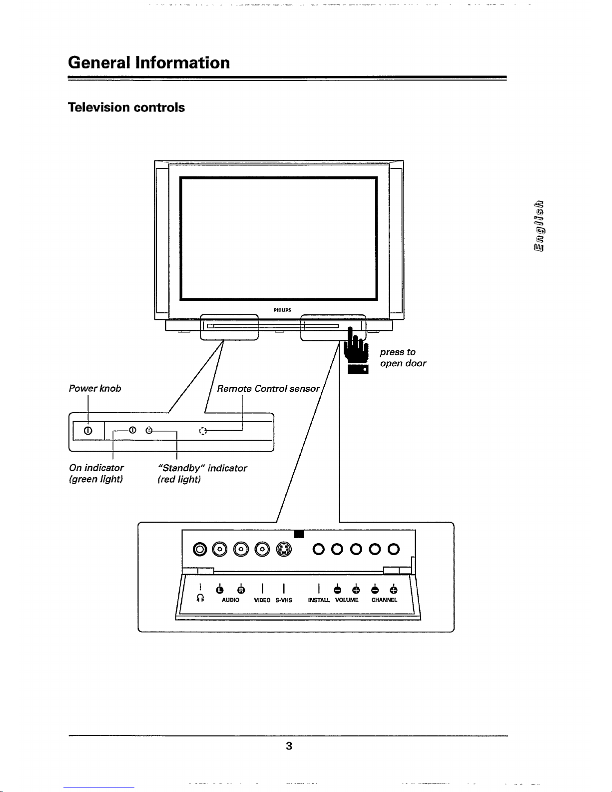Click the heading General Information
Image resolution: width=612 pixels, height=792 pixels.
coord(149,62)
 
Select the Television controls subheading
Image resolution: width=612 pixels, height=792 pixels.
coord(126,107)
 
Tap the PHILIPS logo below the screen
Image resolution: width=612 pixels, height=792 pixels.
coord(282,310)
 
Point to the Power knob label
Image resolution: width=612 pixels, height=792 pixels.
coord(95,388)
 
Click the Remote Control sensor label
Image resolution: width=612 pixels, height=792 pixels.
coord(268,389)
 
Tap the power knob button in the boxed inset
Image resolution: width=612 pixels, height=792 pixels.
coord(88,431)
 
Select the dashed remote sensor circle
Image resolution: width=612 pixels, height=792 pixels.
coord(203,431)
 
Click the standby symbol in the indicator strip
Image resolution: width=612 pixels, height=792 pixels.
coord(149,430)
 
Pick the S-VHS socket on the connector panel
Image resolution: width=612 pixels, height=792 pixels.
coord(284,549)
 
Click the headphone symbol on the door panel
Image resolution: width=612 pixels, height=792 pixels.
coord(200,598)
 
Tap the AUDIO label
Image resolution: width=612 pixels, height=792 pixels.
coord(230,600)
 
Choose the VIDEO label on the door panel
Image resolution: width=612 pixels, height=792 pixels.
coord(262,600)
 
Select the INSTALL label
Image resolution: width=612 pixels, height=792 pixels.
coord(319,600)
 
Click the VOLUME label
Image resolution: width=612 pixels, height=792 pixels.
coord(347,600)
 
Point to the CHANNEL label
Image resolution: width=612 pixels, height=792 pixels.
coord(384,600)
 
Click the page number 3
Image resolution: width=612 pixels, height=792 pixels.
coord(289,746)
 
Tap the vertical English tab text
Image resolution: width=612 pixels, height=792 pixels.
coord(539,226)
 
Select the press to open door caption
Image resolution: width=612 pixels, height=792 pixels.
coord(403,358)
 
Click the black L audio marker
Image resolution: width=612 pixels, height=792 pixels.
coord(220,590)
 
